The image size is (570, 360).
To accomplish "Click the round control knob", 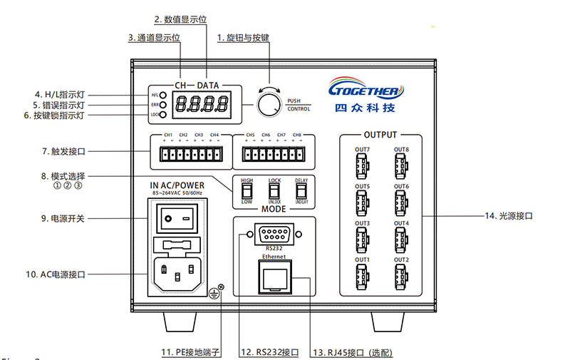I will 269,105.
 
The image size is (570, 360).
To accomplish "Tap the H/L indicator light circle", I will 163,95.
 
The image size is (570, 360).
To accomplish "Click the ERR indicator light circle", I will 163,104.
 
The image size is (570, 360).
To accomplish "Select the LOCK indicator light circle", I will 163,114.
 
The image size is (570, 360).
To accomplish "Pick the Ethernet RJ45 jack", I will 274,277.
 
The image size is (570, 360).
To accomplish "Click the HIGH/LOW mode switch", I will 247,191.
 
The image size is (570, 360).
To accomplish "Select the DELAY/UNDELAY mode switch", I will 301,191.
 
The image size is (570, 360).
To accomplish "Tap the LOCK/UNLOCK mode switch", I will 274,191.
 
